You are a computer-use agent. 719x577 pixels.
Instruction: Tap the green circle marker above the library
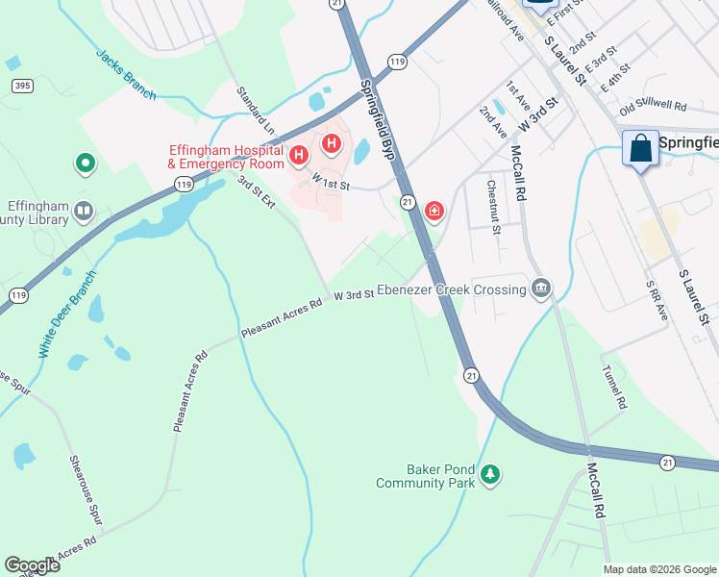pos(86,164)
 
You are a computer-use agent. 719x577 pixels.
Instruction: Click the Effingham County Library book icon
pos(85,210)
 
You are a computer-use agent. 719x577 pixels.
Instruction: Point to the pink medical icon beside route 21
pos(434,210)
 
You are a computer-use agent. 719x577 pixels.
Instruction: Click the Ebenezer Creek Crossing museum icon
pos(541,288)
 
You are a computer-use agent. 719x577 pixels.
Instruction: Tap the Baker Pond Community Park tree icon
pos(491,474)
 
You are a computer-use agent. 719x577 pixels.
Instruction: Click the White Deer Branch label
pos(69,327)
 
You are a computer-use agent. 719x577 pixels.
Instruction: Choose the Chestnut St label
pos(493,207)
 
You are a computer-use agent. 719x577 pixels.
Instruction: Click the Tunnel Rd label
pos(613,387)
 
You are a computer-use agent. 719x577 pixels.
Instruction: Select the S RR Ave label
pos(656,301)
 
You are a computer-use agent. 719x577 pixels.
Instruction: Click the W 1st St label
pos(330,180)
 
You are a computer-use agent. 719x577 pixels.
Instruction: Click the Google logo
pos(32,565)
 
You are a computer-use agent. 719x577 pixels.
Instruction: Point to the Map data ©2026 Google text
pos(658,569)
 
